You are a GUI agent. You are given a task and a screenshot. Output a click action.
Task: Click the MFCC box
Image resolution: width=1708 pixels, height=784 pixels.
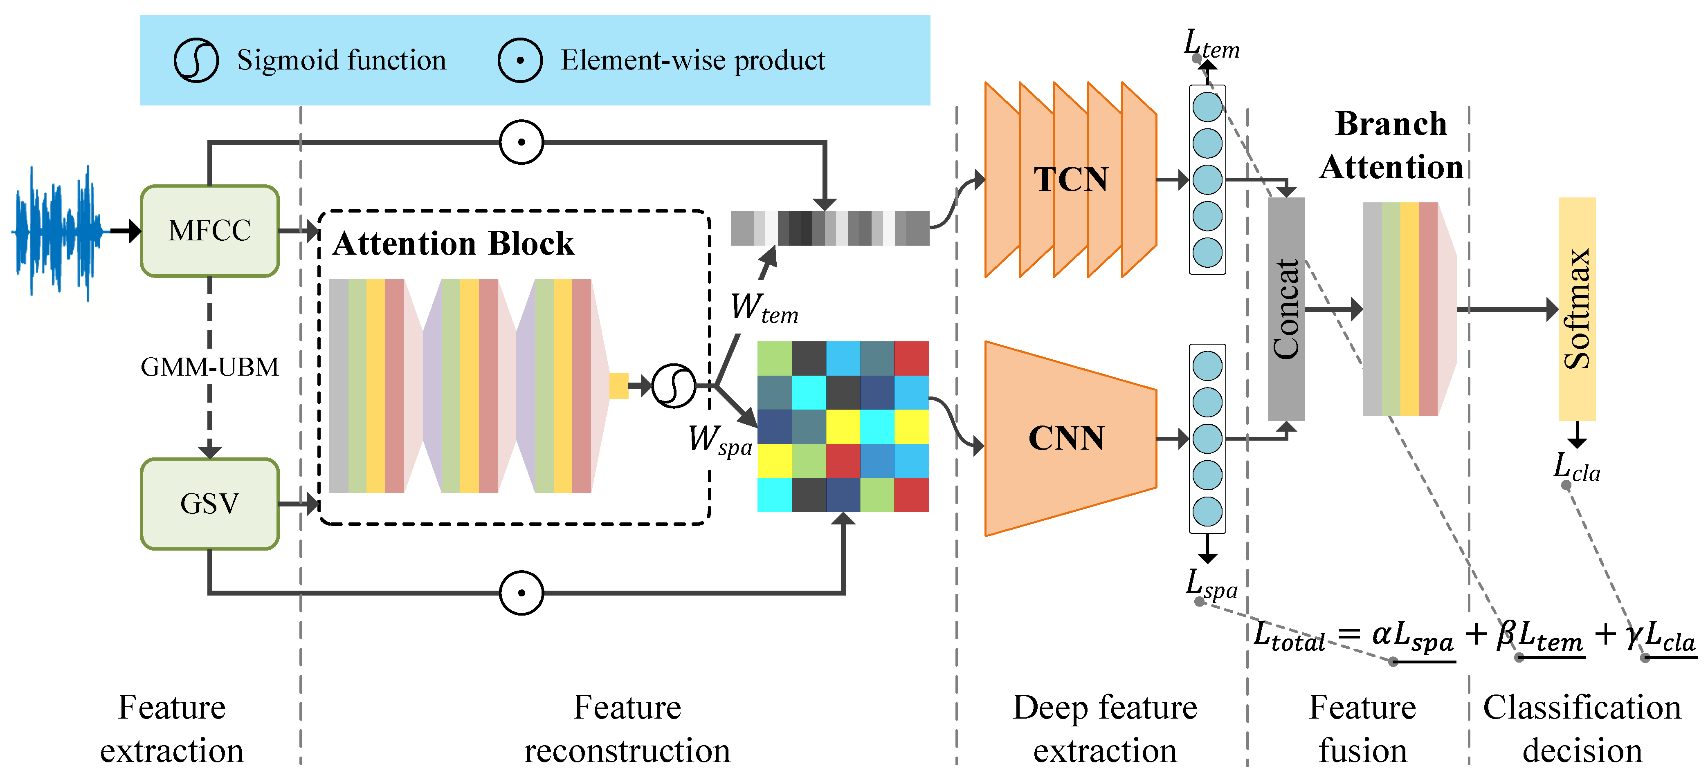(x=209, y=231)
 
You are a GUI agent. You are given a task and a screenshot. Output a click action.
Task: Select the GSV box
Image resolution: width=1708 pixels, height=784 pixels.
(x=209, y=504)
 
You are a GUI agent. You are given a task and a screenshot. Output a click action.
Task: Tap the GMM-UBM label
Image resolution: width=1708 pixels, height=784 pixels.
(x=209, y=367)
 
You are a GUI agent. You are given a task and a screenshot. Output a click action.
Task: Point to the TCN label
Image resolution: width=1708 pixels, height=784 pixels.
(x=1071, y=179)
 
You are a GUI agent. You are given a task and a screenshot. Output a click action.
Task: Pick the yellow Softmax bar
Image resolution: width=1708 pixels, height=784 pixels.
(x=1577, y=309)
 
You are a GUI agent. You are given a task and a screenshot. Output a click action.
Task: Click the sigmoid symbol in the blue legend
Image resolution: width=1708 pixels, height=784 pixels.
(x=196, y=60)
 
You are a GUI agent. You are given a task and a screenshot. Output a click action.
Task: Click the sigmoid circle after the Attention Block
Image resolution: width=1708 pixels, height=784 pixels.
(x=674, y=386)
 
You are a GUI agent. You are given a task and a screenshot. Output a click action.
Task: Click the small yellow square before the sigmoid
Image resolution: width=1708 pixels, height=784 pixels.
(x=619, y=386)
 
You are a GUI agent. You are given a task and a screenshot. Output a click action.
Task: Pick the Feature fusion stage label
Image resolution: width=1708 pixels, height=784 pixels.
(x=1362, y=728)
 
